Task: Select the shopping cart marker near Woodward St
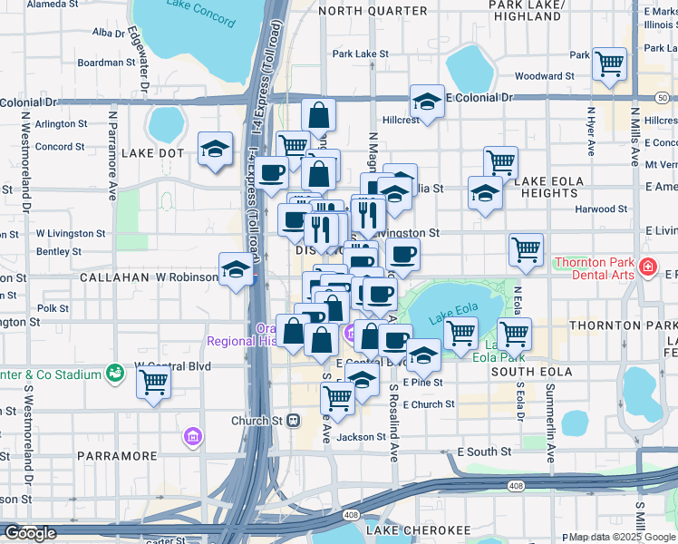click(x=609, y=63)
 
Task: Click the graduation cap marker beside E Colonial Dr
click(x=426, y=102)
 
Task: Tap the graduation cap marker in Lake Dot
click(x=216, y=149)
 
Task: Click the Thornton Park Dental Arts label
click(x=594, y=269)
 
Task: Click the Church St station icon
click(x=293, y=421)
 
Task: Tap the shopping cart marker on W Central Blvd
click(x=153, y=383)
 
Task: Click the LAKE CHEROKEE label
click(x=405, y=529)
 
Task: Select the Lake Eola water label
click(x=451, y=317)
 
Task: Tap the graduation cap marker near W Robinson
click(x=236, y=268)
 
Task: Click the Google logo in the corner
click(x=30, y=533)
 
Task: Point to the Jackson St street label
click(x=362, y=437)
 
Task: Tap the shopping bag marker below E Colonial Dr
click(x=318, y=115)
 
